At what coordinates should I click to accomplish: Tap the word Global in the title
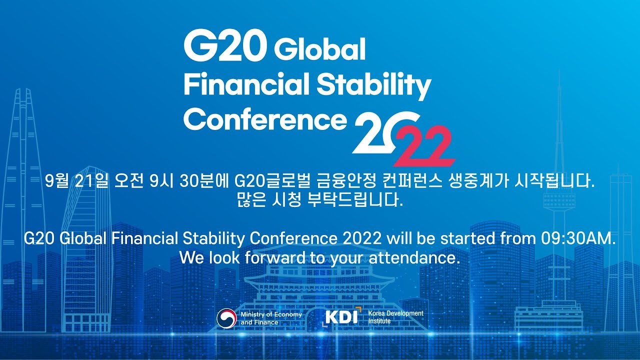[320, 49]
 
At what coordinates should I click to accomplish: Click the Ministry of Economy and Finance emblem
[226, 318]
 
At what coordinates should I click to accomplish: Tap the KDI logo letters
[342, 317]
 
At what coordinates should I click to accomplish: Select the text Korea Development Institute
[395, 317]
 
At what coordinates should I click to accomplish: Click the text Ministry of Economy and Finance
[271, 318]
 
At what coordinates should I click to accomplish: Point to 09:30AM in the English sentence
[577, 238]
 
